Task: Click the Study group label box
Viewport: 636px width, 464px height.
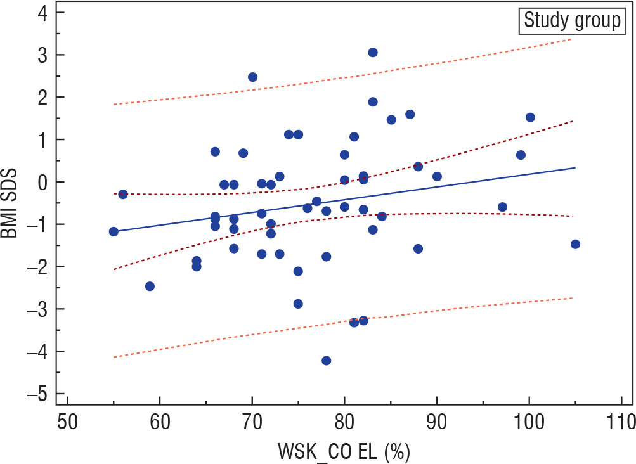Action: pyautogui.click(x=571, y=21)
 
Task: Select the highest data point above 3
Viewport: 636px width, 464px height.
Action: pyautogui.click(x=373, y=53)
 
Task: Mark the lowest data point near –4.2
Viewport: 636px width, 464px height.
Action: pyautogui.click(x=326, y=360)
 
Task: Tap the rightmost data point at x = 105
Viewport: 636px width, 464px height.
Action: pyautogui.click(x=575, y=244)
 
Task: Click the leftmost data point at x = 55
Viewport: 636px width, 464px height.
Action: pyautogui.click(x=114, y=231)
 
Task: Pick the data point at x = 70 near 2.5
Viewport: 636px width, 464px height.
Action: pyautogui.click(x=252, y=77)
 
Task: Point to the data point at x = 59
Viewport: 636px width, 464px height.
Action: pyautogui.click(x=150, y=286)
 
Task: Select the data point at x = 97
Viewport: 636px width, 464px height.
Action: pyautogui.click(x=502, y=207)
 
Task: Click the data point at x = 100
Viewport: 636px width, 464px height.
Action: pyautogui.click(x=530, y=117)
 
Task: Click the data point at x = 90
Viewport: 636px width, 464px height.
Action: pyautogui.click(x=437, y=176)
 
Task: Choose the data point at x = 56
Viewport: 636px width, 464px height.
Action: pyautogui.click(x=123, y=194)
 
